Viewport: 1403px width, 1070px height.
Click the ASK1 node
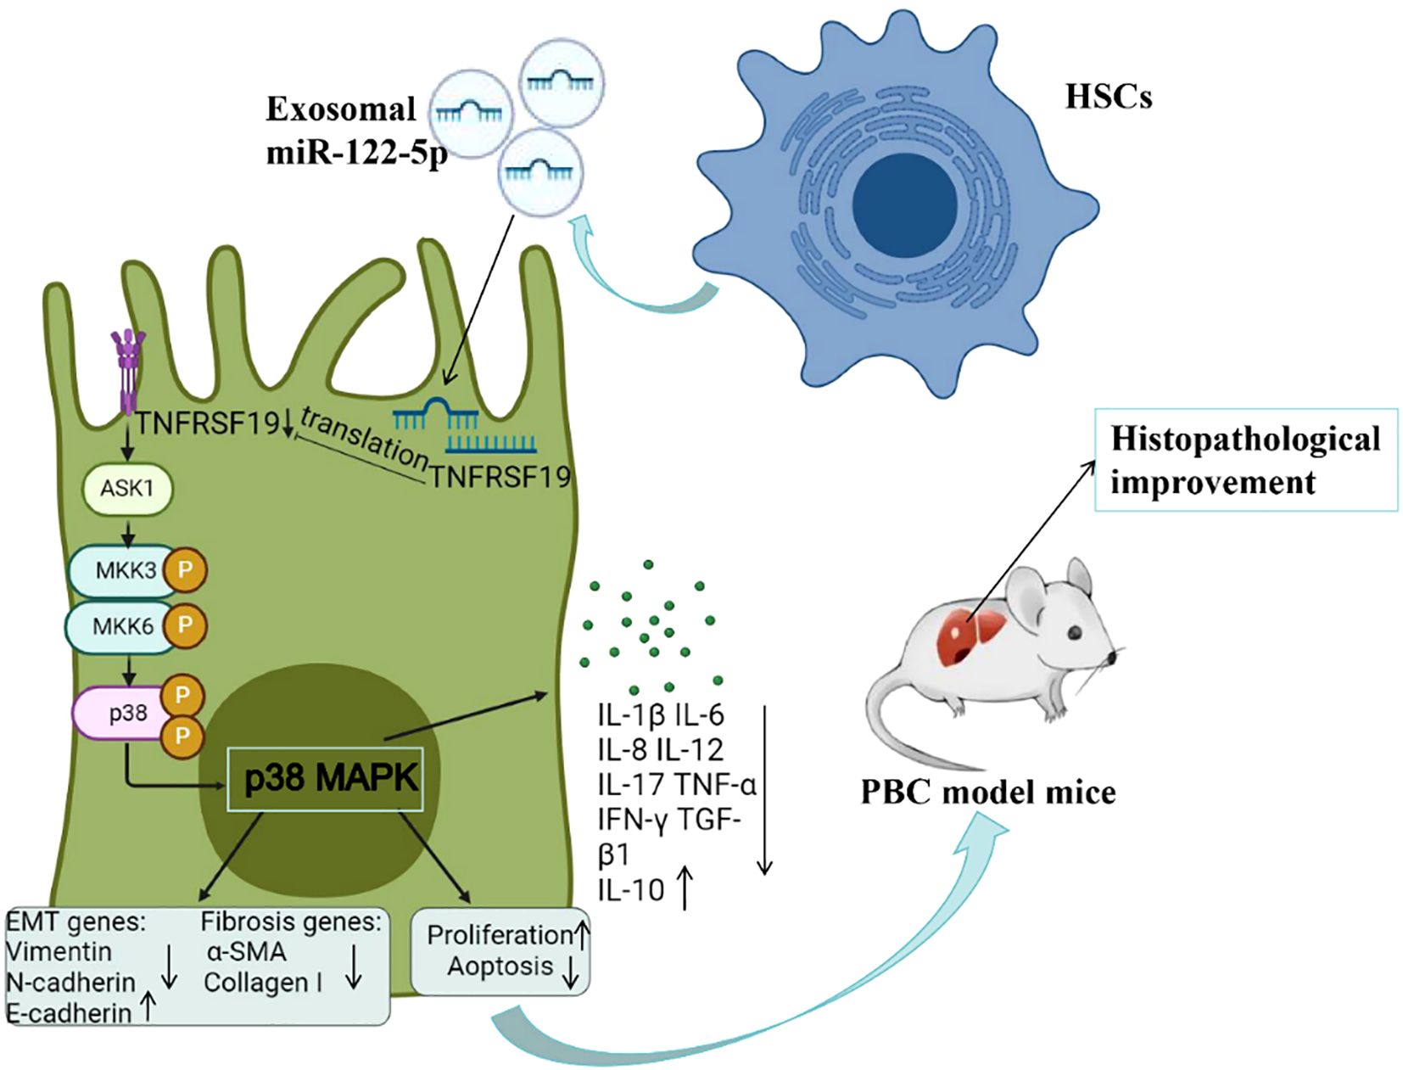coord(127,489)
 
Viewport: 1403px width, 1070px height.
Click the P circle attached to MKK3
coord(184,570)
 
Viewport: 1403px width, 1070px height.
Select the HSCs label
coord(1108,98)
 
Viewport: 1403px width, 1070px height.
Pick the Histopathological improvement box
coord(1245,461)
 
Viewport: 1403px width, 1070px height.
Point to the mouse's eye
coord(1074,632)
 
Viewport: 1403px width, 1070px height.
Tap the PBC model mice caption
coord(987,793)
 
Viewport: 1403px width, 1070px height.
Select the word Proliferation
coord(500,935)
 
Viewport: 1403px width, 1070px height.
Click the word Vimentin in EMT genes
coord(59,951)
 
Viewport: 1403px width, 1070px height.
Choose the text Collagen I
coord(262,983)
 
